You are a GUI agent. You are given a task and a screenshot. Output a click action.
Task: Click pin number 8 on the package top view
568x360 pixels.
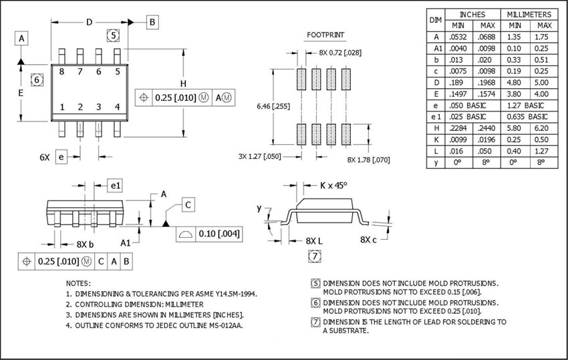tap(62, 71)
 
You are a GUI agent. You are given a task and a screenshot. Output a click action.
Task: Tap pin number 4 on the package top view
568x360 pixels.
tap(117, 107)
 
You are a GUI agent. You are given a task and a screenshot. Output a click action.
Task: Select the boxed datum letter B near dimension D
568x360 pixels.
tap(152, 23)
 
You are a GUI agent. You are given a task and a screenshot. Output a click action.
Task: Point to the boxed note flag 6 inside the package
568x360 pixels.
tap(37, 79)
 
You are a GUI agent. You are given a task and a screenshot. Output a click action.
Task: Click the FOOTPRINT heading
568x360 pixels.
tap(326, 35)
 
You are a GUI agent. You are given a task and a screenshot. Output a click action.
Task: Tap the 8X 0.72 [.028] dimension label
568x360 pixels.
tap(341, 52)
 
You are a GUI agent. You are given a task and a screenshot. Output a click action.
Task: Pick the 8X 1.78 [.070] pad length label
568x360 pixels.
tap(368, 160)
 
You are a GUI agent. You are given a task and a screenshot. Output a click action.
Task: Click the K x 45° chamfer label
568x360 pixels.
tap(333, 185)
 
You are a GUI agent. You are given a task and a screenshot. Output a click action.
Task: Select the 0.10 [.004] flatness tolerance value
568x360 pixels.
tap(220, 234)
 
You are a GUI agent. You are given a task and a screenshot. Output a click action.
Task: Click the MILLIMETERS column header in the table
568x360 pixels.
tap(529, 14)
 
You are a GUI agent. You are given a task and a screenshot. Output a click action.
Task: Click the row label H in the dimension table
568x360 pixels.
tap(436, 128)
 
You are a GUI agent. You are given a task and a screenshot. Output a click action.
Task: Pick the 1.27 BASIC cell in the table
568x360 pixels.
tap(528, 106)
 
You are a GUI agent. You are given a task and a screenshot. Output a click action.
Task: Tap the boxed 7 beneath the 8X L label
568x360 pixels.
tap(314, 256)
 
